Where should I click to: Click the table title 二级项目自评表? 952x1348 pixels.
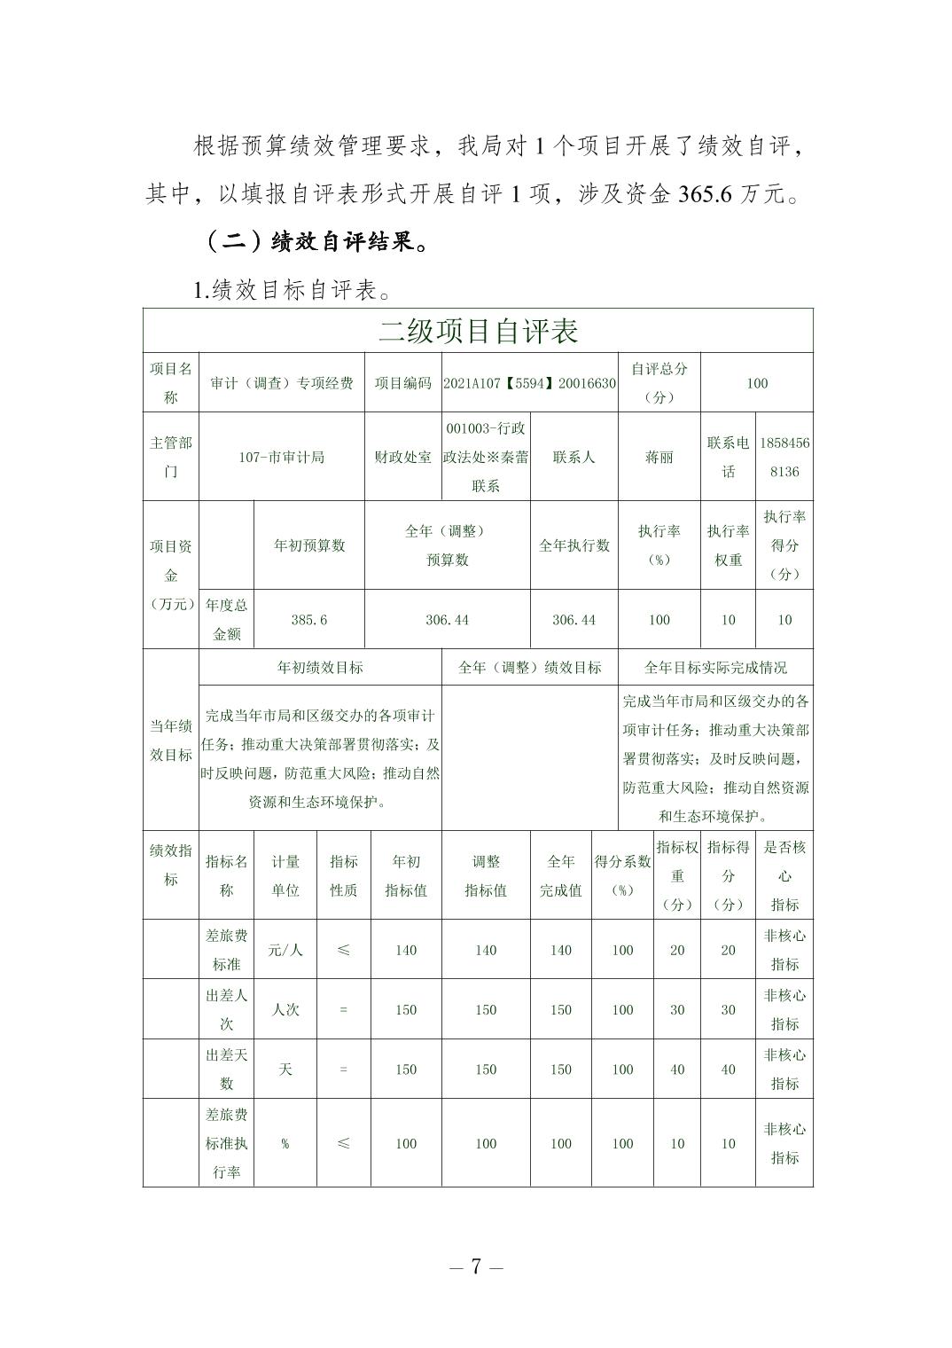pyautogui.click(x=478, y=332)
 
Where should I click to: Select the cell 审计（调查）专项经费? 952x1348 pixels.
pyautogui.click(x=282, y=383)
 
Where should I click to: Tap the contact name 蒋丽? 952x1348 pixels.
pyautogui.click(x=659, y=457)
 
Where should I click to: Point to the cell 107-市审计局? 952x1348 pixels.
pyautogui.click(x=282, y=457)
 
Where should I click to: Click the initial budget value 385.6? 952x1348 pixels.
pyautogui.click(x=308, y=620)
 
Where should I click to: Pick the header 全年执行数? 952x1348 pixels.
pyautogui.click(x=574, y=545)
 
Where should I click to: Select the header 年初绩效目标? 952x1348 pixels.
pyautogui.click(x=320, y=667)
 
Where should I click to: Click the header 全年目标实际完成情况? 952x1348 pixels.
pyautogui.click(x=715, y=667)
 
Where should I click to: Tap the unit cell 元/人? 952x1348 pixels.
pyautogui.click(x=285, y=950)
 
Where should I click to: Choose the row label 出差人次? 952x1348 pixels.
pyautogui.click(x=226, y=1009)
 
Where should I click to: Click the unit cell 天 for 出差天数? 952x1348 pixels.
pyautogui.click(x=285, y=1070)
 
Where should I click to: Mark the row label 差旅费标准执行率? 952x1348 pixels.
pyautogui.click(x=226, y=1143)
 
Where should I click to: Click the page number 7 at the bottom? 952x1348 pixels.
pyautogui.click(x=476, y=1266)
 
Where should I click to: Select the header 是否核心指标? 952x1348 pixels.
pyautogui.click(x=784, y=875)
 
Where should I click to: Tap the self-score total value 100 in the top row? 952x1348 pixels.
pyautogui.click(x=757, y=383)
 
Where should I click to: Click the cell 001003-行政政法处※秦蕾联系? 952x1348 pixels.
pyautogui.click(x=486, y=457)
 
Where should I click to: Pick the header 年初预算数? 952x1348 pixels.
pyautogui.click(x=308, y=545)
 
